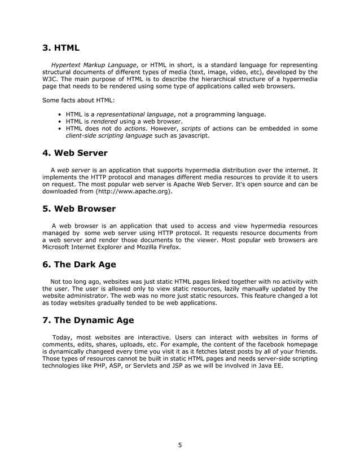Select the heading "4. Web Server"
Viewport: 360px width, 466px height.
coord(74,153)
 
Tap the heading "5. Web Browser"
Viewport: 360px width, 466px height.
coord(79,209)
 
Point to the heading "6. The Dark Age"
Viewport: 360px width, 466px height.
coord(79,265)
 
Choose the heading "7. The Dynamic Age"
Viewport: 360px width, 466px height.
coord(88,320)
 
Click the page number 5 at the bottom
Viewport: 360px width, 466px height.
coord(180,445)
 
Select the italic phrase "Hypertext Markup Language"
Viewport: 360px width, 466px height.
coord(94,65)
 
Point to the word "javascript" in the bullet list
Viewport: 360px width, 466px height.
coord(190,136)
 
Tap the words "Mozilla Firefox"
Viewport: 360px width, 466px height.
coord(159,248)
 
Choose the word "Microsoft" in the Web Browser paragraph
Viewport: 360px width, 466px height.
coord(58,248)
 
